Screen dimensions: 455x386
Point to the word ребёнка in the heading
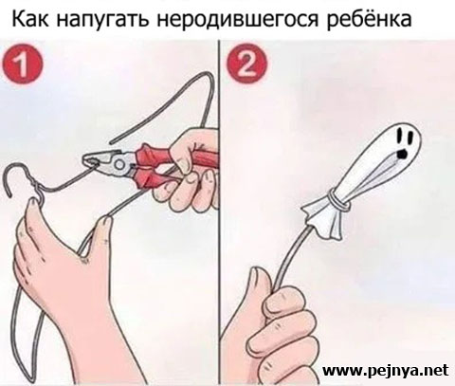(x=369, y=20)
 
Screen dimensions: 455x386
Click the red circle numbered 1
(x=22, y=64)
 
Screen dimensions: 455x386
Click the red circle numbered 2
(x=246, y=64)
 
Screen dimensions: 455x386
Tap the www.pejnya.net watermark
(x=385, y=370)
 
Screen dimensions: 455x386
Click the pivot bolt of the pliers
(x=119, y=164)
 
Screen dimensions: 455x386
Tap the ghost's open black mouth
(x=402, y=153)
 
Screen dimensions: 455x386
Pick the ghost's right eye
(x=410, y=137)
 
